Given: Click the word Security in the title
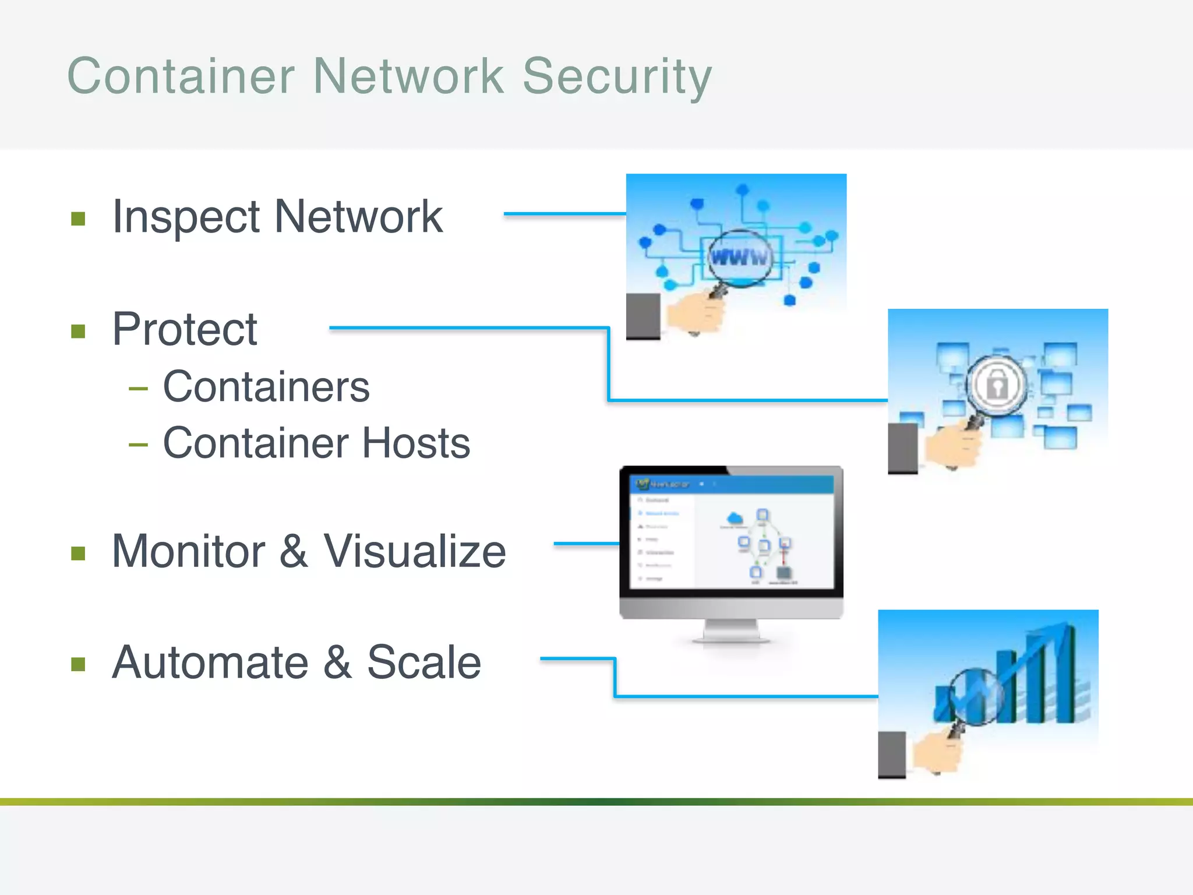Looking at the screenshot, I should tap(617, 77).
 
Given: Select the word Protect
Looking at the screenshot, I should tap(185, 330).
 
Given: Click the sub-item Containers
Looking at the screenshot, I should tap(266, 387).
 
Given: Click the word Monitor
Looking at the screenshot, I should tap(189, 551).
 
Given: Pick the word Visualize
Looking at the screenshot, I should tap(415, 551).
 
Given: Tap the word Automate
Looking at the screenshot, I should tap(210, 663).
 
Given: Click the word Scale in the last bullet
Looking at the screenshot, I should tap(424, 663).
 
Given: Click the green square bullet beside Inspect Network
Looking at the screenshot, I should tap(78, 219).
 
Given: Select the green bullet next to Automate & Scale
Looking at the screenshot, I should tap(78, 664).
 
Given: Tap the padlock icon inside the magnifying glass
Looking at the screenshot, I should tap(997, 385).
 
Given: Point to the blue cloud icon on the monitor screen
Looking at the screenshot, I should tap(735, 517).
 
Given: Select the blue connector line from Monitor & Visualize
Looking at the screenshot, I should tap(585, 544).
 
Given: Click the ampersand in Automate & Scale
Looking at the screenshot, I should tap(337, 663).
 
